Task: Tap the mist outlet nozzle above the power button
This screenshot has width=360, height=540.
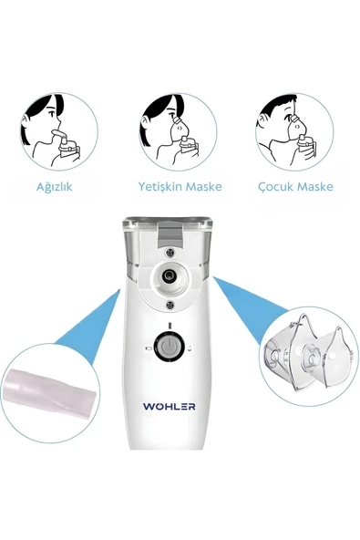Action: pos(169,274)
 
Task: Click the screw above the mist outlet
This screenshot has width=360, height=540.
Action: pos(170,250)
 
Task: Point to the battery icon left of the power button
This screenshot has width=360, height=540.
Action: pos(147,347)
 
